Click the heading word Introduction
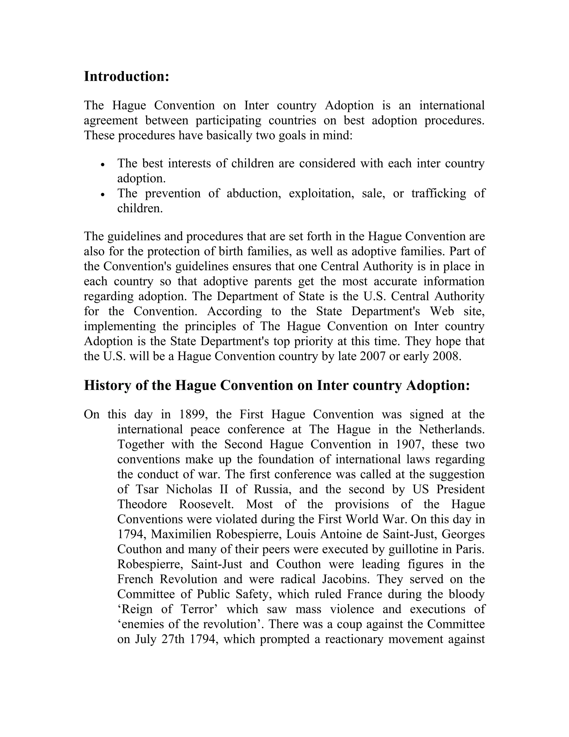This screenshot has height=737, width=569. (126, 76)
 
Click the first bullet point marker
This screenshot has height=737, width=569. (103, 165)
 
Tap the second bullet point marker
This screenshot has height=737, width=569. (103, 195)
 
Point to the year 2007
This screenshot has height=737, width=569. (373, 356)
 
